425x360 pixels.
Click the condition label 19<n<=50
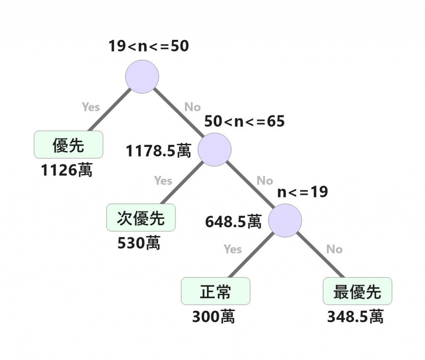click(x=149, y=46)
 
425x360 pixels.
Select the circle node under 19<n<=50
click(x=142, y=76)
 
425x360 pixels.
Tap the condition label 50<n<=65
click(x=244, y=122)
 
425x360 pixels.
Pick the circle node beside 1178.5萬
click(x=214, y=150)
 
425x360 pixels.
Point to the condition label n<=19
click(x=303, y=192)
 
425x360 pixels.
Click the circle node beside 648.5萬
click(x=285, y=220)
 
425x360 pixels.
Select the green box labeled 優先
click(x=68, y=145)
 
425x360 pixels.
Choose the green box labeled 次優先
click(x=141, y=218)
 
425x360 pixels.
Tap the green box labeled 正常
click(x=215, y=291)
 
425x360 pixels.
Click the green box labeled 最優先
click(x=357, y=291)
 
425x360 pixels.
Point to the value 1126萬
click(x=67, y=170)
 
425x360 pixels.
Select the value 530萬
click(x=139, y=243)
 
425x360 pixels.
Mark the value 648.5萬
click(x=233, y=222)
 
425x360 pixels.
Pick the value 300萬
click(x=213, y=317)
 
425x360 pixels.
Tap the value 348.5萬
click(x=355, y=317)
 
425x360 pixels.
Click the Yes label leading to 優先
click(x=91, y=107)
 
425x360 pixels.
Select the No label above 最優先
click(x=334, y=249)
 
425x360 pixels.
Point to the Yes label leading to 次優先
click(x=163, y=180)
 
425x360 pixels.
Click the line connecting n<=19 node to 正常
click(x=251, y=255)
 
